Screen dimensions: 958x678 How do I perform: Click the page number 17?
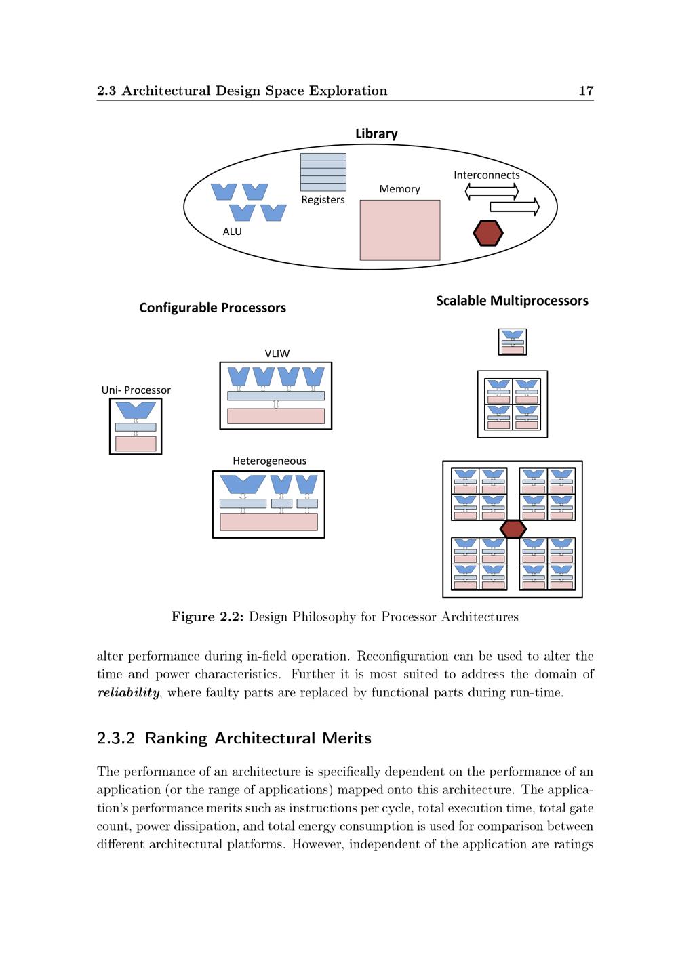pyautogui.click(x=586, y=91)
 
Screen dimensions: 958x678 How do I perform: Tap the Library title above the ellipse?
pyautogui.click(x=376, y=133)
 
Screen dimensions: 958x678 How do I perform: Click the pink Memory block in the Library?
pyautogui.click(x=399, y=230)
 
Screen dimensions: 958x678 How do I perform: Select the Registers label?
pyautogui.click(x=323, y=200)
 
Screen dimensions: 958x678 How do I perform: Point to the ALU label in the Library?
pyautogui.click(x=232, y=232)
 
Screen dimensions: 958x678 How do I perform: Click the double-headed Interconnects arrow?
pyautogui.click(x=492, y=192)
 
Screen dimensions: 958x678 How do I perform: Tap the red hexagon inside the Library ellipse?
pyautogui.click(x=487, y=233)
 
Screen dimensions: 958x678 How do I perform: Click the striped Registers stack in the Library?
pyautogui.click(x=323, y=172)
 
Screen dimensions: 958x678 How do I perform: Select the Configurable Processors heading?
pyautogui.click(x=212, y=308)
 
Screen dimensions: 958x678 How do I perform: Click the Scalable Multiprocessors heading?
pyautogui.click(x=512, y=301)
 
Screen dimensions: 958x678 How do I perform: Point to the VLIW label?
pyautogui.click(x=277, y=353)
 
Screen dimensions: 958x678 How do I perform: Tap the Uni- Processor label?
pyautogui.click(x=136, y=390)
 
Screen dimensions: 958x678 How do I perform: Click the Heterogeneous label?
pyautogui.click(x=269, y=461)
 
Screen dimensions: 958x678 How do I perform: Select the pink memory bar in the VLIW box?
pyautogui.click(x=275, y=416)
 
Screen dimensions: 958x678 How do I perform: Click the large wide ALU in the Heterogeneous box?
pyautogui.click(x=243, y=484)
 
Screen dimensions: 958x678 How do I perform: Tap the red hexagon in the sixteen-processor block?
pyautogui.click(x=513, y=529)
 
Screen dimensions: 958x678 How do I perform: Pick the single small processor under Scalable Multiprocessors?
pyautogui.click(x=513, y=342)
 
